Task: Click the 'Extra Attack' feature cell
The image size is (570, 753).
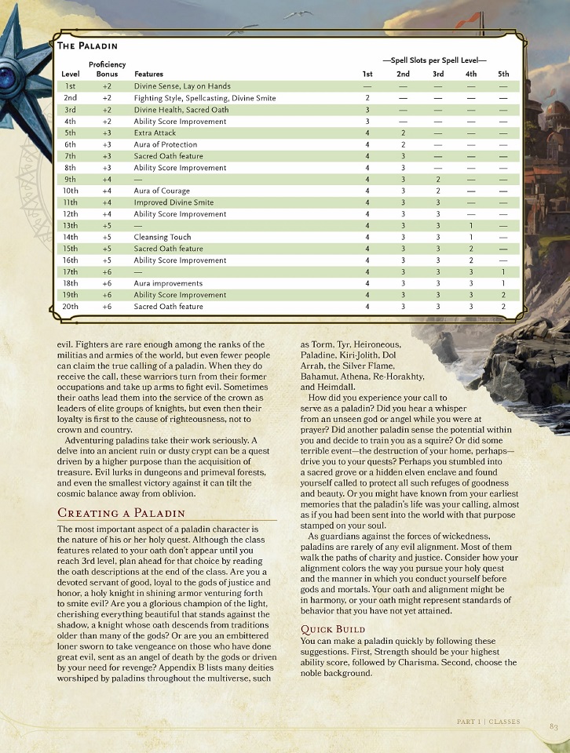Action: (x=155, y=133)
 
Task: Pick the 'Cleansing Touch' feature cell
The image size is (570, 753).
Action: (x=162, y=237)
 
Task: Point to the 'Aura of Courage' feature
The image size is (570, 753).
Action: (x=161, y=191)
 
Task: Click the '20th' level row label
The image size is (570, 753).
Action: (x=71, y=307)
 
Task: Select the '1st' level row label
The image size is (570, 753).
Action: (x=71, y=86)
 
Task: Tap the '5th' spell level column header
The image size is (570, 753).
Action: (x=503, y=74)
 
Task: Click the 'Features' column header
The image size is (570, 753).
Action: (x=149, y=74)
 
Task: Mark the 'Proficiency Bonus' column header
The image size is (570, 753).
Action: (x=107, y=69)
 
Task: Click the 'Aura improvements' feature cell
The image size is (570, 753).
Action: (x=168, y=283)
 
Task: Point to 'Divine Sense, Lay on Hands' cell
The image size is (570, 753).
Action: (x=181, y=86)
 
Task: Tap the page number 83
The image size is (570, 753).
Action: (x=553, y=726)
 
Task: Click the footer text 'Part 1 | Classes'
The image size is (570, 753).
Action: (x=488, y=721)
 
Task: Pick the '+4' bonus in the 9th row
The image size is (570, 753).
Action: (x=107, y=179)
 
